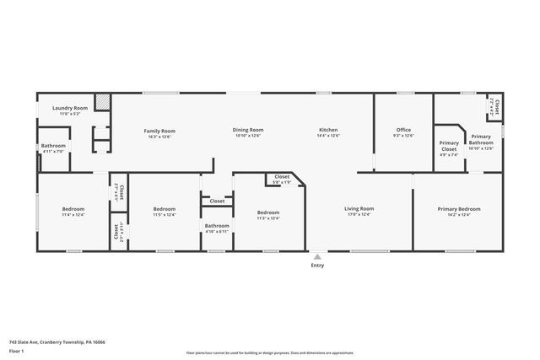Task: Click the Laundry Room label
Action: (x=70, y=108)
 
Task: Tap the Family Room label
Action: (x=159, y=131)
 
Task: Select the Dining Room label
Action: (x=248, y=130)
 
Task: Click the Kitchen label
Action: (x=328, y=130)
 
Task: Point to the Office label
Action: (x=404, y=130)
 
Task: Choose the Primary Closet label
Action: (x=449, y=143)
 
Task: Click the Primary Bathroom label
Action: (x=481, y=139)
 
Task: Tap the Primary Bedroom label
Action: (x=458, y=208)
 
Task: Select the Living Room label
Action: (x=359, y=208)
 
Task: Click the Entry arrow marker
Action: (x=317, y=256)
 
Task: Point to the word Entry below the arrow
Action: (x=317, y=266)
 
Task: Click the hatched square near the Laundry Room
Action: (x=102, y=101)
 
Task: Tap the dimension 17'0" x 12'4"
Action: (x=359, y=215)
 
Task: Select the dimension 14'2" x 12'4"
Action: (x=458, y=215)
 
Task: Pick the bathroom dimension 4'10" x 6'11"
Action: (x=217, y=232)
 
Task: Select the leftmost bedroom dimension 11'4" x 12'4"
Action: (x=73, y=215)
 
